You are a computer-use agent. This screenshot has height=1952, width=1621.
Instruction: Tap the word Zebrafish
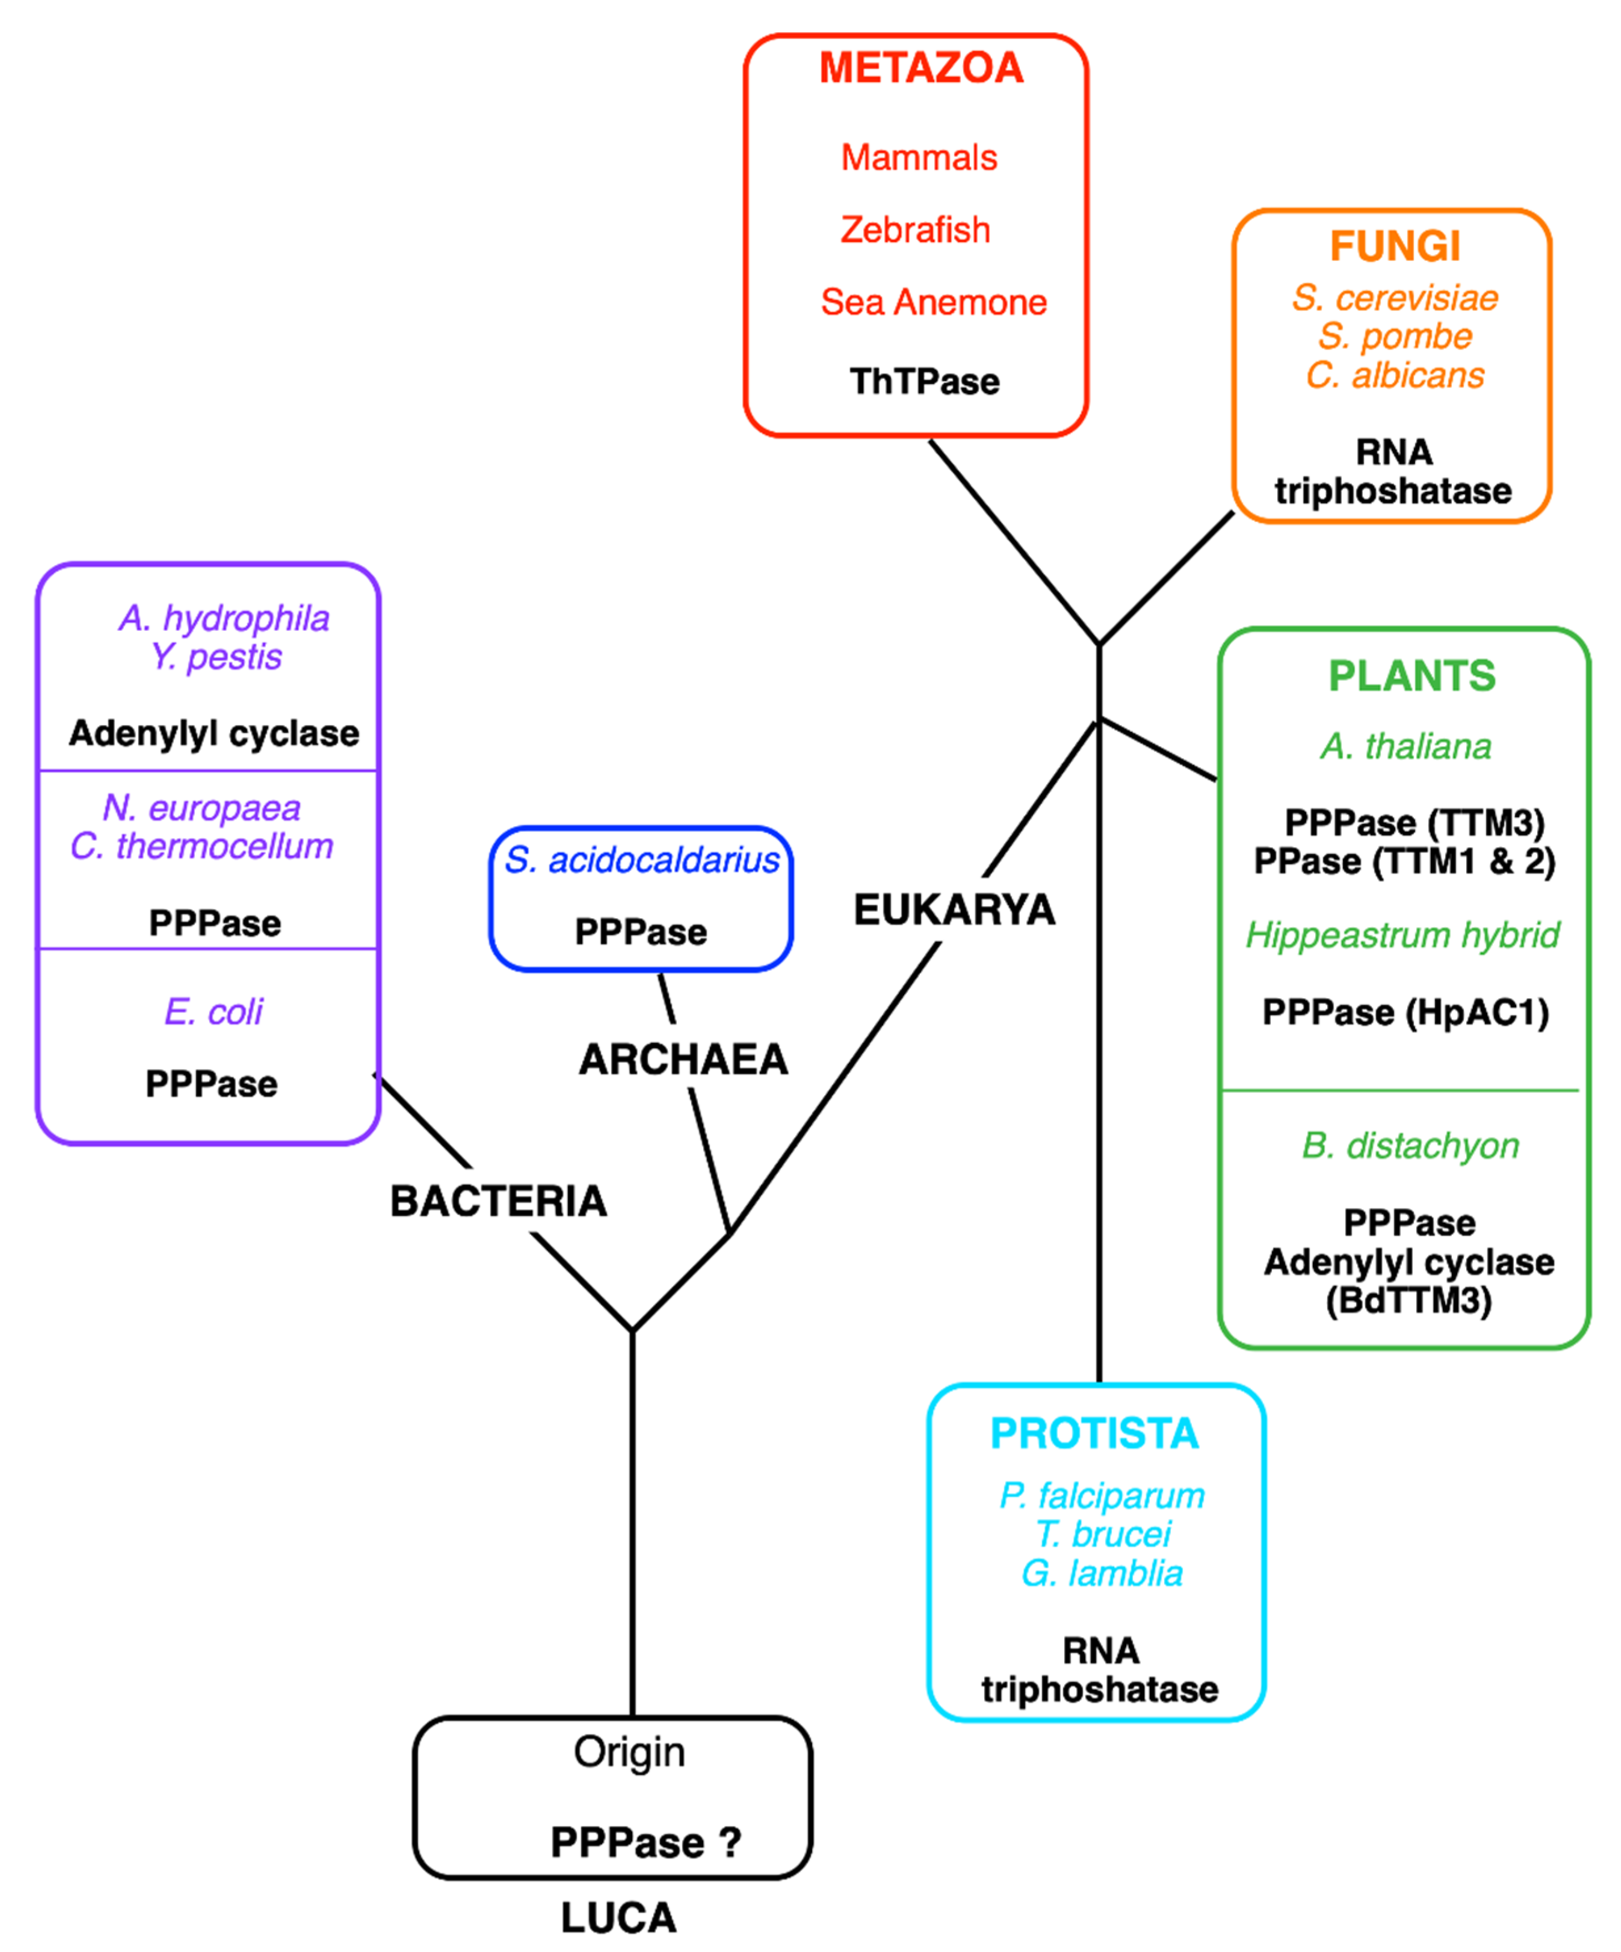pyautogui.click(x=915, y=230)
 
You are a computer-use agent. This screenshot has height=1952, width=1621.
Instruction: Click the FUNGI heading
pyautogui.click(x=1394, y=246)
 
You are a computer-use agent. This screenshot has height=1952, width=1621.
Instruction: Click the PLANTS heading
pyautogui.click(x=1411, y=676)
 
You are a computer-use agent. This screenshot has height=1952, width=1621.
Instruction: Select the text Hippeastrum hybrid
pyautogui.click(x=1402, y=935)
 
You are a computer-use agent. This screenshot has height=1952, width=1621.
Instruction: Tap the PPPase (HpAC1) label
pyautogui.click(x=1404, y=1012)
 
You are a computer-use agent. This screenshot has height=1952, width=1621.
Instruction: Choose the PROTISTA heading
pyautogui.click(x=1094, y=1433)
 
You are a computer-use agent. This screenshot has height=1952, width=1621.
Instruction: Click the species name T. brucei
pyautogui.click(x=1103, y=1534)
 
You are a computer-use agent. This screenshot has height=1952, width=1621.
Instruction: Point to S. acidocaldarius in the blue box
pyautogui.click(x=641, y=860)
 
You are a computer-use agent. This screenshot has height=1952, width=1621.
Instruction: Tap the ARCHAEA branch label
pyautogui.click(x=683, y=1060)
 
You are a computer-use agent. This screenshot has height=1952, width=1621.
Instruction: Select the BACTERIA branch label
pyautogui.click(x=498, y=1201)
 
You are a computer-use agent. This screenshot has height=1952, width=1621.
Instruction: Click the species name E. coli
pyautogui.click(x=214, y=1012)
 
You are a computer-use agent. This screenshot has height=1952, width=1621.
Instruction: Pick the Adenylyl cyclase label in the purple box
pyautogui.click(x=214, y=733)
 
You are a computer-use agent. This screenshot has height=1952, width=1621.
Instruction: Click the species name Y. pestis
pyautogui.click(x=215, y=657)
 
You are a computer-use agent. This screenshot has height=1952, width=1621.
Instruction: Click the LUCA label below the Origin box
pyautogui.click(x=618, y=1919)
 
